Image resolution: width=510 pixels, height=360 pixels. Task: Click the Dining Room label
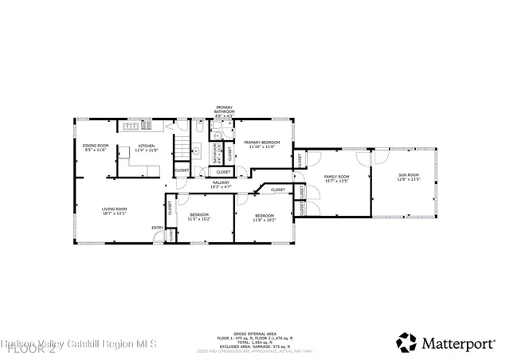[96, 147]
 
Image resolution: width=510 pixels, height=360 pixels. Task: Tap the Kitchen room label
[147, 147]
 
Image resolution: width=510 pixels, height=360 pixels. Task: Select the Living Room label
[114, 211]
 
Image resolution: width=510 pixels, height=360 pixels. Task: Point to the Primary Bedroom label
[261, 144]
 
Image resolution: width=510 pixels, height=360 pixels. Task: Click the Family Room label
[336, 178]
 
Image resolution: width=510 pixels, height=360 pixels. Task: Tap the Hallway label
[221, 184]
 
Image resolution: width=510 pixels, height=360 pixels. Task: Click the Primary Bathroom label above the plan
[224, 112]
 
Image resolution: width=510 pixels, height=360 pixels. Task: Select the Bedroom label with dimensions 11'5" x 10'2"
[198, 217]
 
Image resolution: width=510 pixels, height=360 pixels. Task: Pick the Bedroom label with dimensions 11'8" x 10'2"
[265, 217]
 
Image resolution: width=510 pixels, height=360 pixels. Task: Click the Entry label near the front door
[157, 229]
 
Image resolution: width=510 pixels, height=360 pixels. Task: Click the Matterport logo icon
[406, 342]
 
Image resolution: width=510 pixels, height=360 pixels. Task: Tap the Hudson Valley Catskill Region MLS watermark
[80, 344]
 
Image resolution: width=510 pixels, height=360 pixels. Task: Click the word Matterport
[462, 343]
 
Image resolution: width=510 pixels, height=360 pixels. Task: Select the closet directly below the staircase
[182, 170]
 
